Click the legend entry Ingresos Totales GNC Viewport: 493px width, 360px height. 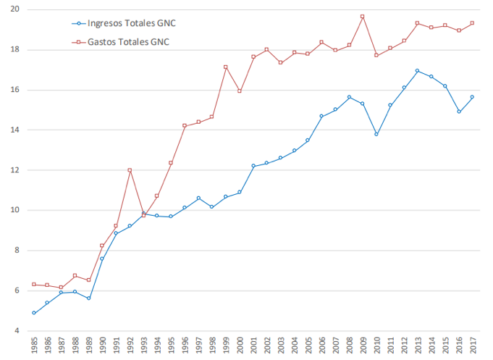(127, 23)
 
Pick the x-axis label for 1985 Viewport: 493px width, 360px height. (34, 345)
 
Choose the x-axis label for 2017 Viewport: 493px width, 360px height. (473, 345)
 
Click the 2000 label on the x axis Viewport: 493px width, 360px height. (240, 345)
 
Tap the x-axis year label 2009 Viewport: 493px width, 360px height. (363, 345)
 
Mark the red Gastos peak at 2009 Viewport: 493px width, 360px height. (363, 17)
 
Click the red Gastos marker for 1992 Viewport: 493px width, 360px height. (130, 170)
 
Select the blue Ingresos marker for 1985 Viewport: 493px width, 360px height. (34, 313)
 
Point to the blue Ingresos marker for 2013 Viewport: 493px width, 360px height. (418, 70)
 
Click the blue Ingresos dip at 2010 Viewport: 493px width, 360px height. (376, 134)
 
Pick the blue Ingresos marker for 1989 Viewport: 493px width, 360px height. (89, 298)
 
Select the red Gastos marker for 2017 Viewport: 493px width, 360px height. (473, 23)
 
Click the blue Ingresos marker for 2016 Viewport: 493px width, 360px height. (459, 112)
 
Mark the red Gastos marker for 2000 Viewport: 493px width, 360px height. (240, 91)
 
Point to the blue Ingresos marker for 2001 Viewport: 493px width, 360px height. (253, 166)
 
